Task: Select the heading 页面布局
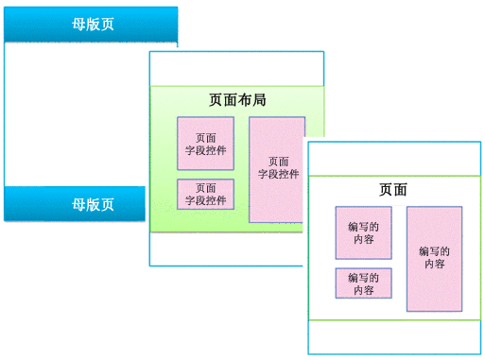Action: point(235,98)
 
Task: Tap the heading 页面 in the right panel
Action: point(392,189)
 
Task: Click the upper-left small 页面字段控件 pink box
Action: point(205,144)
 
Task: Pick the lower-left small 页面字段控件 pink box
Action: point(205,194)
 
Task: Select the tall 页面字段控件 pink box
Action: point(277,169)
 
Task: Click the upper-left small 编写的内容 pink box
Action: point(363,232)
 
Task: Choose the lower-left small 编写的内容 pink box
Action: point(363,283)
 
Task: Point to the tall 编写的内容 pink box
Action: point(434,258)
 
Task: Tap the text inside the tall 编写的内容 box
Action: point(434,258)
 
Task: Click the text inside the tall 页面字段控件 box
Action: point(278,168)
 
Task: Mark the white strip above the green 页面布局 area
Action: point(236,69)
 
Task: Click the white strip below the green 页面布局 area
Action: point(227,249)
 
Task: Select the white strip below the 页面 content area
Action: point(394,336)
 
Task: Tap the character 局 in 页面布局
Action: point(258,98)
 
